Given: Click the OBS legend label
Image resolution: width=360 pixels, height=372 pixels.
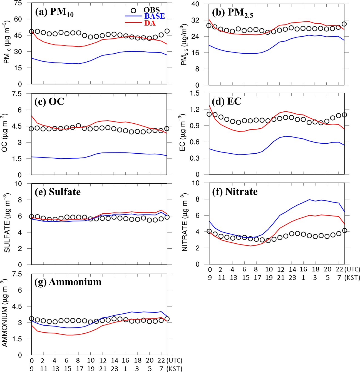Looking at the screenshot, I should pos(152,10).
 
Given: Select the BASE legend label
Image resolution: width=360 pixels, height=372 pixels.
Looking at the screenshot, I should pos(154,16).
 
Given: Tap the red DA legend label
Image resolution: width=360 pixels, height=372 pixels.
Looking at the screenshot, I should pos(150,23).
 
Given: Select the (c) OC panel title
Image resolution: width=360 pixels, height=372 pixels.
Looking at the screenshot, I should pos(49,102).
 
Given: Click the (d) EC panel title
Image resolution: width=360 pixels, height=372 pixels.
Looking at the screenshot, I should pos(227,101).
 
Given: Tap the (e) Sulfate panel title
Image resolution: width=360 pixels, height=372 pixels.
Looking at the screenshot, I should pos(58,192).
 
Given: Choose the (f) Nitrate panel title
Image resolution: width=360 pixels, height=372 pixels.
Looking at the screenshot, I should pos(235,192).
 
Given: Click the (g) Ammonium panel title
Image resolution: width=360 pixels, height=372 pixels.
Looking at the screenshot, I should pos(68,282).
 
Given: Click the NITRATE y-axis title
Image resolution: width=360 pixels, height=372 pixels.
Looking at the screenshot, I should pos(185,223).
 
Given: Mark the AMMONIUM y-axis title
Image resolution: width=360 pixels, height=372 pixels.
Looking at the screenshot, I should pos(5,313).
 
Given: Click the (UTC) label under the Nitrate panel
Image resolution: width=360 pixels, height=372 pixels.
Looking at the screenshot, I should pos(352,269).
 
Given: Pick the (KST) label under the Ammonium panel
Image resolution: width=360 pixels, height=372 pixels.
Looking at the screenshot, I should pos(174,369).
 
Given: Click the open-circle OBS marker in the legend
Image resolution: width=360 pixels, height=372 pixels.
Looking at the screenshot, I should pos(133,11).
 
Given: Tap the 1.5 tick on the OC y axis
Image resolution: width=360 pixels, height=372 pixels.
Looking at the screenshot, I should pos(16,159).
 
